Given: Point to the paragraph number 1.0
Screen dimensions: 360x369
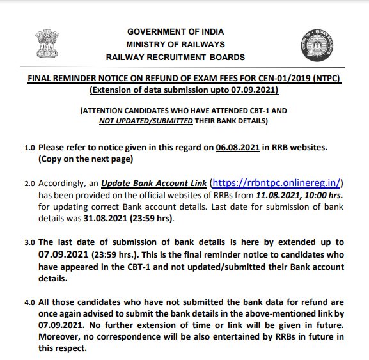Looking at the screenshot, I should point(29,147).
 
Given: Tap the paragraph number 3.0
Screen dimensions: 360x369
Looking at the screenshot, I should point(29,243).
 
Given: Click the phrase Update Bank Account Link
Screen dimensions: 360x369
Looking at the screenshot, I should point(154,182).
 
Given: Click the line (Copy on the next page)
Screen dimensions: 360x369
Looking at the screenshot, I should point(85,159).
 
